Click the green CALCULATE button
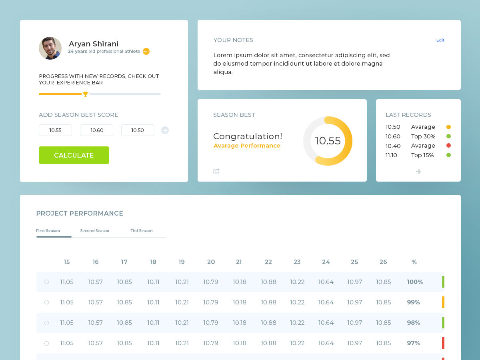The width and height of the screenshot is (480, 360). [x=74, y=155]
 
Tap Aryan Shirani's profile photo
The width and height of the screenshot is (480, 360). [x=50, y=48]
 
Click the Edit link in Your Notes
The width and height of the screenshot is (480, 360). [x=440, y=40]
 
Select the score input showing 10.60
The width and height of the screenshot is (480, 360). [x=96, y=130]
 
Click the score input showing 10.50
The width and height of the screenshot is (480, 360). [x=138, y=130]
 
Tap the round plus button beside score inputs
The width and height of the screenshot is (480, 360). [x=165, y=130]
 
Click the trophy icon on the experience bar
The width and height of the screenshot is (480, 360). [x=85, y=94]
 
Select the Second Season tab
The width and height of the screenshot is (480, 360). [x=94, y=231]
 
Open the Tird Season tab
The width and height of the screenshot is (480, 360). [x=141, y=231]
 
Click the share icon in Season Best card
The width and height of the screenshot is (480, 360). [x=216, y=171]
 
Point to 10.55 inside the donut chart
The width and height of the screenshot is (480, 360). [x=328, y=141]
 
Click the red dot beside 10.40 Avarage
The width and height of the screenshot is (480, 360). [x=448, y=146]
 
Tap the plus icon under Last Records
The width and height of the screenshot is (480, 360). [x=418, y=171]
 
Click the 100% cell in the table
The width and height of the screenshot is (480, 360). [x=415, y=282]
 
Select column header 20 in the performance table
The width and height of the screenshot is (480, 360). [x=211, y=262]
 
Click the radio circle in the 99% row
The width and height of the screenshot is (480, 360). [x=46, y=302]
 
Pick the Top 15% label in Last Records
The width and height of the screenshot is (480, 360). [x=422, y=155]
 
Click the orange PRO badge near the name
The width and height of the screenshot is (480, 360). [x=146, y=51]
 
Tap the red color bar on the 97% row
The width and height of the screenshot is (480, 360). [x=443, y=343]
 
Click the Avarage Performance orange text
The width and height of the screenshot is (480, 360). [x=247, y=146]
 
